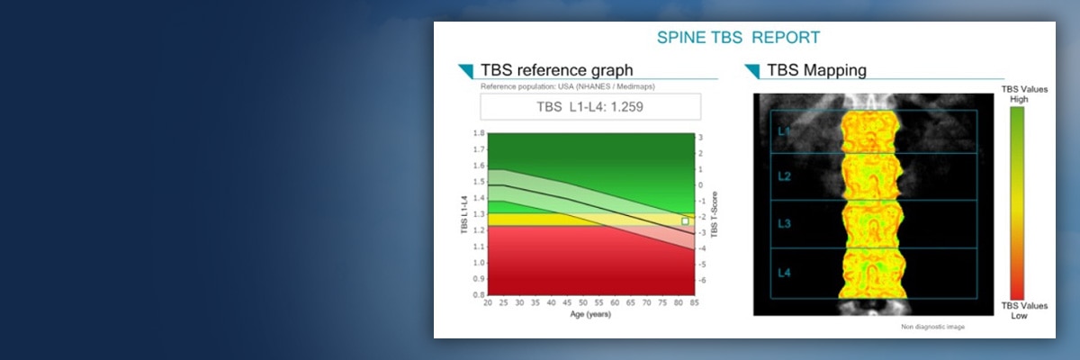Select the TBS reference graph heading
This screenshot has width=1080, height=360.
[556, 69]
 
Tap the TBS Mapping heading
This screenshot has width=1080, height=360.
[816, 69]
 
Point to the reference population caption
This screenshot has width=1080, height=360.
[554, 86]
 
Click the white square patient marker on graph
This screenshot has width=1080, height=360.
[685, 220]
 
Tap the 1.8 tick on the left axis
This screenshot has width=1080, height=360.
[478, 133]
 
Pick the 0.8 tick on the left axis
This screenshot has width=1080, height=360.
[478, 295]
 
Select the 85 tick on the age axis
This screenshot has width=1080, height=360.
[694, 304]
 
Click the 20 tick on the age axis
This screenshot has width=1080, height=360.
[487, 304]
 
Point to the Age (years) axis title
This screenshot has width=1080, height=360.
[590, 316]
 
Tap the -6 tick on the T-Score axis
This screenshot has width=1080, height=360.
[702, 281]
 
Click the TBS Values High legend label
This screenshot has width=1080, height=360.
[1013, 94]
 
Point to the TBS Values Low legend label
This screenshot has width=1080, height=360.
[1013, 310]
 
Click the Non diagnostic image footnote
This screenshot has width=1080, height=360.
[932, 327]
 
